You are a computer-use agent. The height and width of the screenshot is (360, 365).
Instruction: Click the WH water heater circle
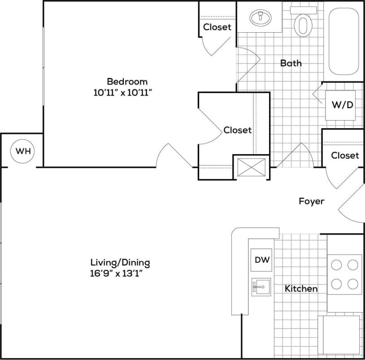23,151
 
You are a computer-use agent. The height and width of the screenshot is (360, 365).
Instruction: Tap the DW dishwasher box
262,260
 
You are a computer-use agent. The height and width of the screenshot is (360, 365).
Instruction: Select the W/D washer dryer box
343,105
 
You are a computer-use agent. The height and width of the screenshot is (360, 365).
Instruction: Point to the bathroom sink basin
260,18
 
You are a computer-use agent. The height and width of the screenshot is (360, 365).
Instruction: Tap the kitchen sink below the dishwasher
261,286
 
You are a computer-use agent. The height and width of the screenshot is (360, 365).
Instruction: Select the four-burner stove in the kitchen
344,274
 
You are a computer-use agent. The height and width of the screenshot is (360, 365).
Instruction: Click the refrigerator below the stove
339,334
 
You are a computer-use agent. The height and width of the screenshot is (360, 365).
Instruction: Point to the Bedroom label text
127,82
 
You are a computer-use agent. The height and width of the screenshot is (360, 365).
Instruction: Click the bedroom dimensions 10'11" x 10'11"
127,93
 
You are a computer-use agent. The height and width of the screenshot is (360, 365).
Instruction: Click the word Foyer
312,201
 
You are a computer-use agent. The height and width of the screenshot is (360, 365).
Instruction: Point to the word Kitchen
301,289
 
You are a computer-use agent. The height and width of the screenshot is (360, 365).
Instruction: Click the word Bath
291,63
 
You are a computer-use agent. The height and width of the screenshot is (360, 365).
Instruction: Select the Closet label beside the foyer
345,155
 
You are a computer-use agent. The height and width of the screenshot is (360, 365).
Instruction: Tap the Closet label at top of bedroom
217,27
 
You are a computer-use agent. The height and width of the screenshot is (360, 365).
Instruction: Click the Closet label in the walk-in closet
238,130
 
